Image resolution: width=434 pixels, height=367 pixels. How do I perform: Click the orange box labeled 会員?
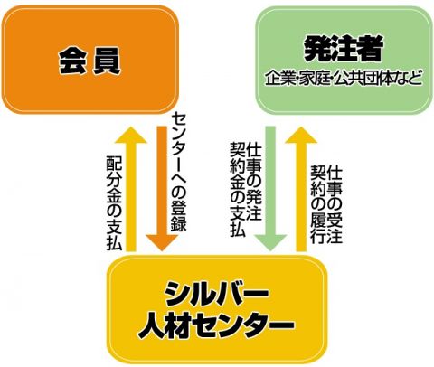click(x=90, y=60)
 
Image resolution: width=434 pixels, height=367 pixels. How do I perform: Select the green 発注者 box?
click(x=344, y=60)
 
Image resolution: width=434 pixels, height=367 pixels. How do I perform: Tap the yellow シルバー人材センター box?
click(x=217, y=309)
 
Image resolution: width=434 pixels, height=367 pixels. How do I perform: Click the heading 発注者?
click(x=344, y=49)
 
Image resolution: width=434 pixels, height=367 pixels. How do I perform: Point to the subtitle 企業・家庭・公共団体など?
click(x=344, y=78)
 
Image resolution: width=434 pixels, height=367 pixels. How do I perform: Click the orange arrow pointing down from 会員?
click(x=162, y=188)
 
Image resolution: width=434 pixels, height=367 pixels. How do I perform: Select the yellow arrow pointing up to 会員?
click(x=131, y=189)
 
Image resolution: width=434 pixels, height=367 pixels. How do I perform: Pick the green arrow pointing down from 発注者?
click(x=270, y=188)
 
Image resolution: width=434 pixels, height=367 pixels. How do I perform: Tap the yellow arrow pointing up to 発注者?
click(x=301, y=189)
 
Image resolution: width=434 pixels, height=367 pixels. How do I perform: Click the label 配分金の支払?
click(x=114, y=203)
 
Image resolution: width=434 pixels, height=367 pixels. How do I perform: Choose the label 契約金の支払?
click(x=238, y=189)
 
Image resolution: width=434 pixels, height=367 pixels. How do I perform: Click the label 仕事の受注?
click(x=335, y=204)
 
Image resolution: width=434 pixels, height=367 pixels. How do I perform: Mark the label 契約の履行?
click(x=318, y=204)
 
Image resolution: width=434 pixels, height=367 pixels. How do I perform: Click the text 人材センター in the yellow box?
click(x=216, y=325)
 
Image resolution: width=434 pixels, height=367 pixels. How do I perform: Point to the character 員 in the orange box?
click(x=107, y=61)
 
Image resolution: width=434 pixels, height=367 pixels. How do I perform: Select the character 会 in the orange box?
click(x=73, y=61)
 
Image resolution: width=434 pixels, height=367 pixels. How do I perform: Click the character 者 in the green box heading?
click(x=371, y=49)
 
